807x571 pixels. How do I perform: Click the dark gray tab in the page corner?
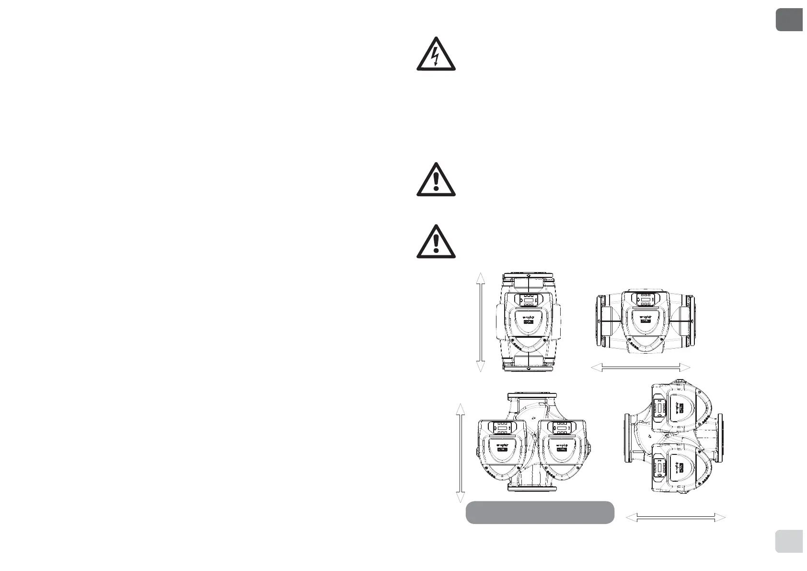tap(789, 20)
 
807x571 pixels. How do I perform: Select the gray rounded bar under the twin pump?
tap(540, 512)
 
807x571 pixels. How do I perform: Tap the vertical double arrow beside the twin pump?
tap(460, 453)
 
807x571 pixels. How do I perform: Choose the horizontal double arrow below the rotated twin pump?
tap(676, 517)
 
